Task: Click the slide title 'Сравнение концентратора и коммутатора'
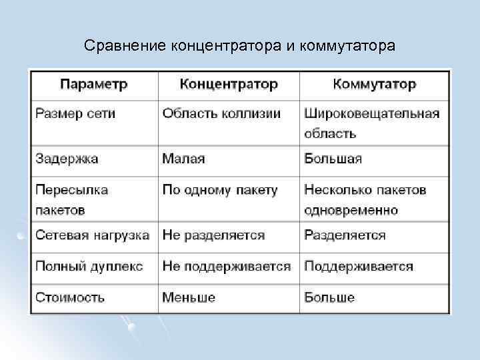tap(240, 46)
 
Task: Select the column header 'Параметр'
tap(94, 85)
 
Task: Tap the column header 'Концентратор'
tap(229, 85)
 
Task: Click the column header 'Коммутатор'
tap(374, 85)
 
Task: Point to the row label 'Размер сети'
tap(75, 113)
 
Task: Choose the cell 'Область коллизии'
tap(221, 113)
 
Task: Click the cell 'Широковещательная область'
tap(371, 123)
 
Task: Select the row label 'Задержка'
tap(67, 159)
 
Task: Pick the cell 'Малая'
tap(183, 159)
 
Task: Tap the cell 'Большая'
tap(333, 159)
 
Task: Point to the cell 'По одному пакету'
tap(220, 190)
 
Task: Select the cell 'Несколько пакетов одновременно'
tap(365, 200)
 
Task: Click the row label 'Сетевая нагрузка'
tap(93, 235)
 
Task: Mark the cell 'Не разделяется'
tap(213, 235)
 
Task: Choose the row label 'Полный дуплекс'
tap(89, 267)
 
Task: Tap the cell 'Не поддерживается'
tap(227, 267)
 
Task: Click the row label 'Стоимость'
tap(70, 297)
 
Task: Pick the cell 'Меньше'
tap(189, 297)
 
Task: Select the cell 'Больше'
tap(329, 297)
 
